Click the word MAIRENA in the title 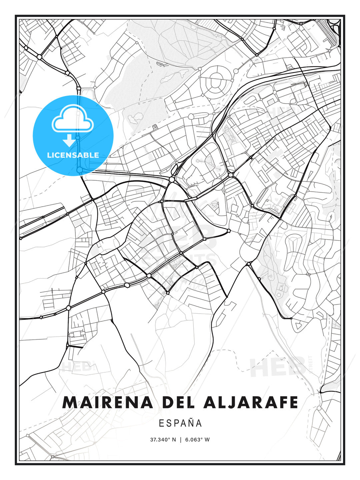pyautogui.click(x=107, y=402)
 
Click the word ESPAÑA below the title pyautogui.click(x=180, y=423)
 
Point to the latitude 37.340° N pyautogui.click(x=163, y=440)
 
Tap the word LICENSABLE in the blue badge pyautogui.click(x=73, y=155)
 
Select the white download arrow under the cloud pyautogui.click(x=69, y=140)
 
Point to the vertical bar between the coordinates pyautogui.click(x=180, y=440)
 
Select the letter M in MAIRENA pyautogui.click(x=70, y=402)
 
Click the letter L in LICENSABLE pyautogui.click(x=49, y=155)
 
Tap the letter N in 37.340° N pyautogui.click(x=174, y=440)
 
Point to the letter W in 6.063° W pyautogui.click(x=207, y=440)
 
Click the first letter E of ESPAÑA pyautogui.click(x=161, y=423)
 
